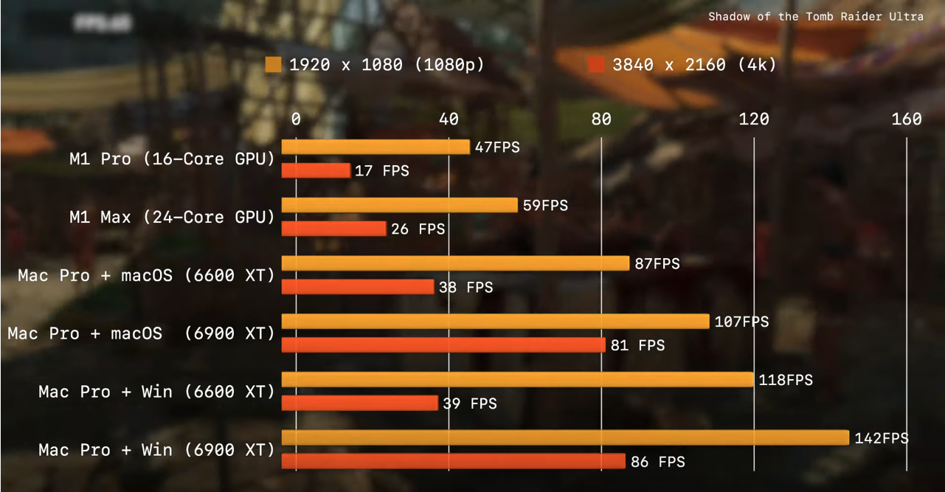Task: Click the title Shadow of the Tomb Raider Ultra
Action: point(816,16)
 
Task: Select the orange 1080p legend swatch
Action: point(273,65)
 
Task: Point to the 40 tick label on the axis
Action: point(448,119)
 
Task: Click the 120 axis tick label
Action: point(753,119)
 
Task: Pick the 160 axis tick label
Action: point(906,119)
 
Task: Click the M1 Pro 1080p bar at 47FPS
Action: point(375,147)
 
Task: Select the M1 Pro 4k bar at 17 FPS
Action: point(316,170)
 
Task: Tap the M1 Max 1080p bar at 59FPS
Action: point(399,205)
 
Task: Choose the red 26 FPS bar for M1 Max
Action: point(333,229)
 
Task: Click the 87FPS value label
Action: point(657,263)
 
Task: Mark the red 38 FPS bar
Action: point(358,287)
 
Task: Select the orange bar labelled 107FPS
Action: point(496,322)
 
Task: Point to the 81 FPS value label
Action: point(637,345)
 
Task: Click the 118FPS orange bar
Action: point(517,380)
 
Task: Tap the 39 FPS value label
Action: point(470,403)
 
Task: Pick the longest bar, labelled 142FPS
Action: point(565,438)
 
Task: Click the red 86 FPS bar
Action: point(454,462)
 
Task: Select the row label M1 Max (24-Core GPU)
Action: point(172,217)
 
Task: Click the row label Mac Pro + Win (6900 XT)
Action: point(156,450)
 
